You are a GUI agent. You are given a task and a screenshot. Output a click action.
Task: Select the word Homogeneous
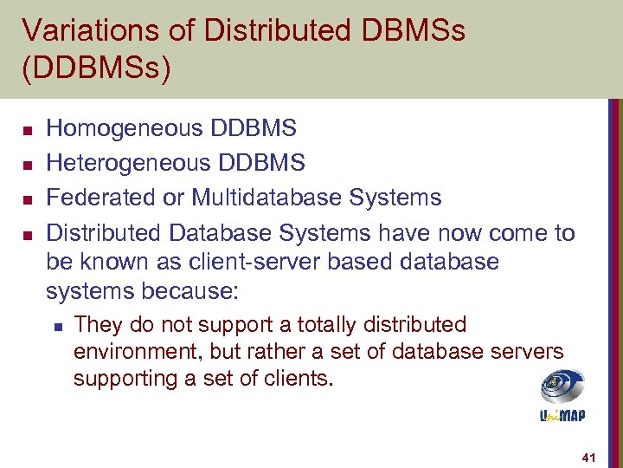coord(112,129)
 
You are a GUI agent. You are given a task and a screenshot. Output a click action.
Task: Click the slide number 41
coord(589,456)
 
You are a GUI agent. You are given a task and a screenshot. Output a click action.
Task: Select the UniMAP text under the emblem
coord(562,415)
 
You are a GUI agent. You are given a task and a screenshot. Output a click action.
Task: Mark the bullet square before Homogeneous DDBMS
coord(27,131)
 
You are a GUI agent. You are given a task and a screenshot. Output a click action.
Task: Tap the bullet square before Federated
coord(27,199)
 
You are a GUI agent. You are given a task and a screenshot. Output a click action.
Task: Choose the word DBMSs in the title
coord(408,31)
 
